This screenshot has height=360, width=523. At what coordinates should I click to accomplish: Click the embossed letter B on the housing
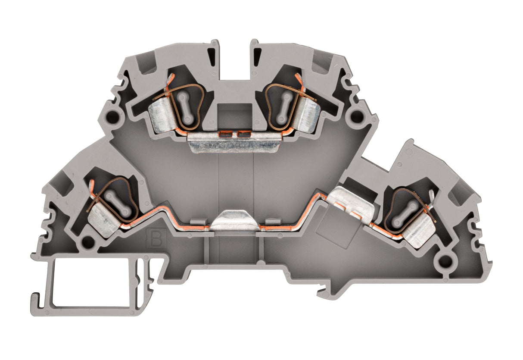[156, 238]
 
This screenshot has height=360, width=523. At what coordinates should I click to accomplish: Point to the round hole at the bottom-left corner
[87, 241]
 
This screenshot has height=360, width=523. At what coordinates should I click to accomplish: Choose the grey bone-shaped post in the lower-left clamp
[118, 202]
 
